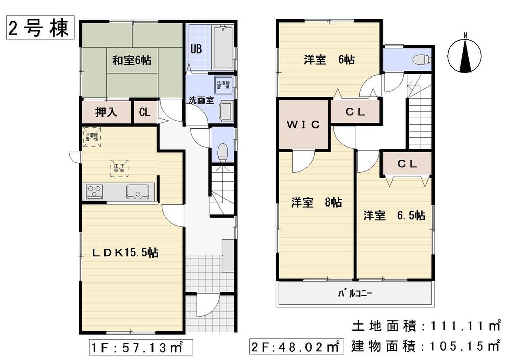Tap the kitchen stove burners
pos(94,192)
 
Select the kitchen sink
pos(138,192)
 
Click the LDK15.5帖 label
pos(124,252)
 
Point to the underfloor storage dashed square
pos(119,167)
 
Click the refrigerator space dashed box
pos(92,137)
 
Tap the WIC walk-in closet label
pos(302,124)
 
